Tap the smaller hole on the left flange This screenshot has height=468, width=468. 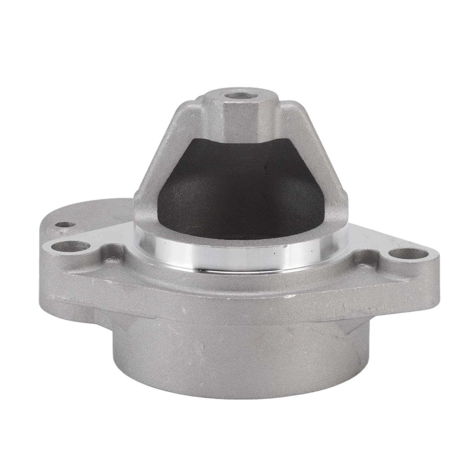pyautogui.click(x=67, y=225)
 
